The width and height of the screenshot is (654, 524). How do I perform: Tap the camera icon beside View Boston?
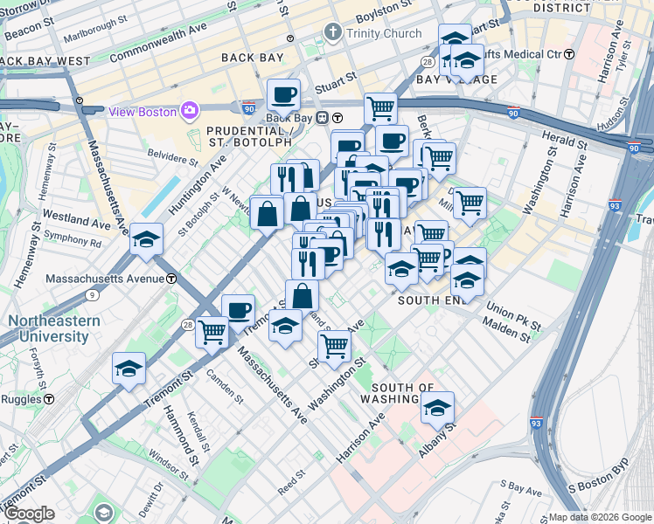pos(190,110)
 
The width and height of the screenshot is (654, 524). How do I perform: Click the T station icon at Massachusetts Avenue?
pos(172,278)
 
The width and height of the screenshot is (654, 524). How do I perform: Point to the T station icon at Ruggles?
pos(48,397)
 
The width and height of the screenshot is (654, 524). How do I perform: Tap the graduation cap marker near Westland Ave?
pos(146,238)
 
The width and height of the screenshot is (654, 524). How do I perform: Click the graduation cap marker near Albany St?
pos(437,406)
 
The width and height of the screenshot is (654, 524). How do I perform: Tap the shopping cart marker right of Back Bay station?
pos(380,107)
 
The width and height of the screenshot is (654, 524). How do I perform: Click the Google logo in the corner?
pos(30,514)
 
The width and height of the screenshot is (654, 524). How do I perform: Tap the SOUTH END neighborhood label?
pos(428,300)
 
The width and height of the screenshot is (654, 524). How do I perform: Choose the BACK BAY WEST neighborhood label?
pos(45,61)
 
